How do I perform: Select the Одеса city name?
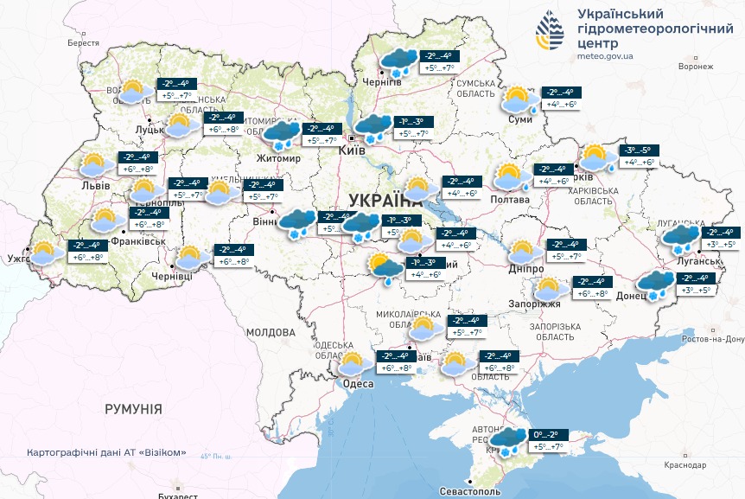[358, 383]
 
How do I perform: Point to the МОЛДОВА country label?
[271, 332]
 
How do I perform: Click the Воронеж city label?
[696, 67]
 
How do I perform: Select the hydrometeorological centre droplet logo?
[548, 33]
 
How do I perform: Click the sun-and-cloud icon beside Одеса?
[353, 362]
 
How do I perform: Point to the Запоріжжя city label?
[542, 304]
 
